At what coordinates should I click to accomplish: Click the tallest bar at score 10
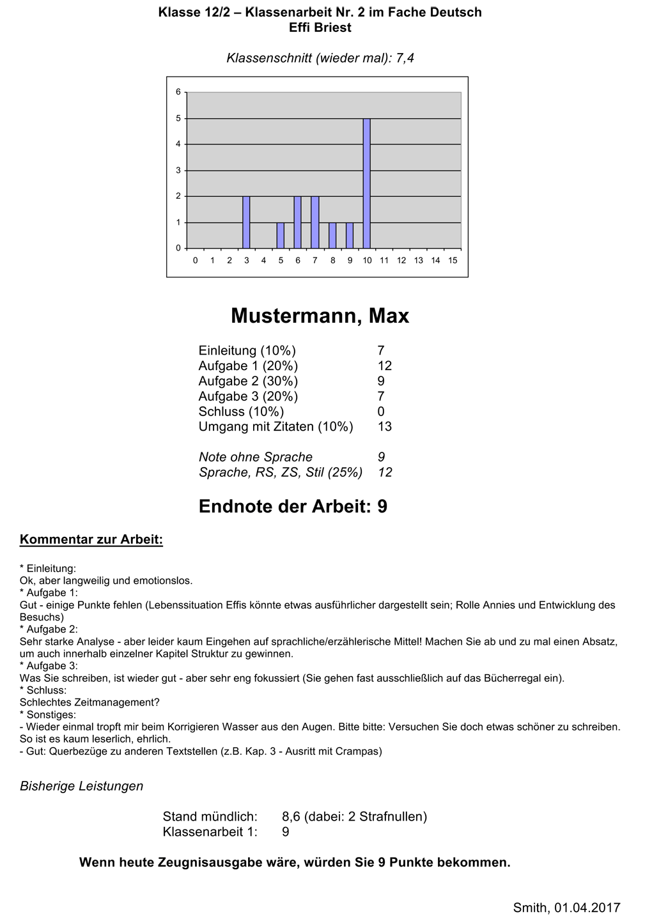(367, 183)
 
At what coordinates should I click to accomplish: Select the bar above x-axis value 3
(246, 222)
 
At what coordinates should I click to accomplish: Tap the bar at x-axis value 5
(281, 235)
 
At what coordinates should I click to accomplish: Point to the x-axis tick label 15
(453, 261)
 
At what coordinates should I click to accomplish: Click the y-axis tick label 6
(178, 92)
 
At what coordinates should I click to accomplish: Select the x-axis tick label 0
(195, 261)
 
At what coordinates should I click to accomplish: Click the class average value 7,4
(405, 58)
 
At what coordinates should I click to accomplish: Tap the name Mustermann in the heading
(290, 316)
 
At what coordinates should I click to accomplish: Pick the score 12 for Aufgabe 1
(385, 366)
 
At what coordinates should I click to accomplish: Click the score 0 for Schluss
(382, 412)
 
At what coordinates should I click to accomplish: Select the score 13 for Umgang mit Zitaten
(385, 427)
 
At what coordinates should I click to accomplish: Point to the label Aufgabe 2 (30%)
(248, 381)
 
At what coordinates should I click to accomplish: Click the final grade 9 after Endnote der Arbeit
(382, 507)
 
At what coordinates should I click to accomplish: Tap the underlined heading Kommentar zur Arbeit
(91, 539)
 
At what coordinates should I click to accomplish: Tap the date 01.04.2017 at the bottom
(587, 907)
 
